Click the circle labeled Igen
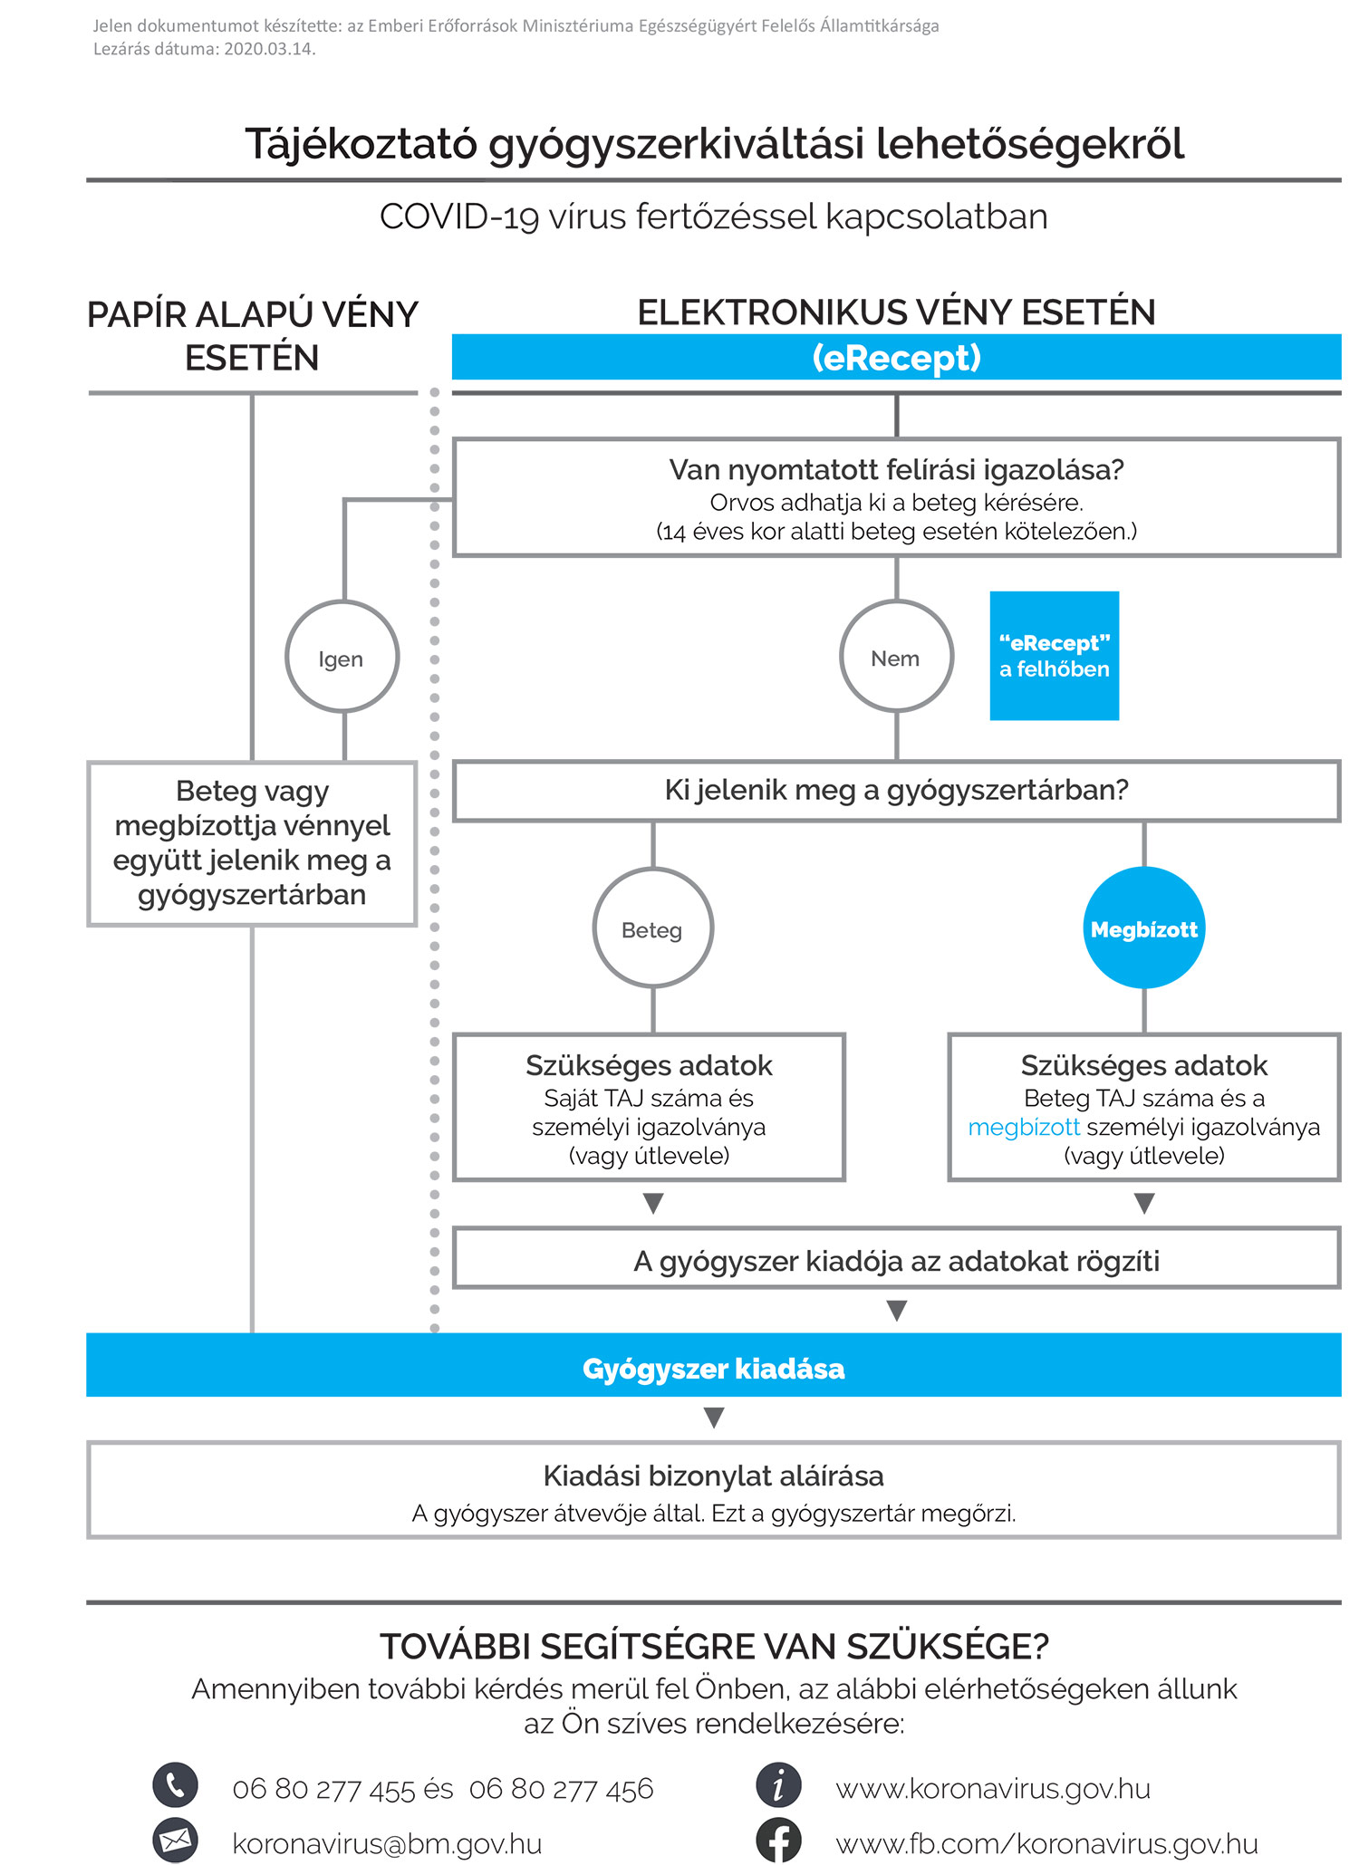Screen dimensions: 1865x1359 coord(342,657)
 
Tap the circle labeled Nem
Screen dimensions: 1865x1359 coord(896,657)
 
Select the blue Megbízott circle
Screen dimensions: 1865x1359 coord(1144,928)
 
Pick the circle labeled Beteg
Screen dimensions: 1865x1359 coord(652,928)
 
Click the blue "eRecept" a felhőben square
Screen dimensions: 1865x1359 coord(1054,656)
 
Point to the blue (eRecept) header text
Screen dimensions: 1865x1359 coord(896,358)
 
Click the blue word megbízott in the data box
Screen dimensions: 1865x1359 coord(1024,1128)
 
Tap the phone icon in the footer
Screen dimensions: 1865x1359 coord(175,1785)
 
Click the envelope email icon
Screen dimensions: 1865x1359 coord(175,1840)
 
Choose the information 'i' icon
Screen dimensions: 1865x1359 coord(778,1785)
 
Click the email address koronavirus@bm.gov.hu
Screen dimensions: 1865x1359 coord(387,1844)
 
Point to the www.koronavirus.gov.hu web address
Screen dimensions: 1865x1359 coord(993,1789)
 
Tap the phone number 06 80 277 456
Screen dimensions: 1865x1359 coord(561,1789)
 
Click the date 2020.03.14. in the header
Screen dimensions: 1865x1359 coord(269,49)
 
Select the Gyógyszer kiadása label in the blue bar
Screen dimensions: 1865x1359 coord(713,1369)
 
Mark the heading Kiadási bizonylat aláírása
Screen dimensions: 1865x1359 coord(713,1476)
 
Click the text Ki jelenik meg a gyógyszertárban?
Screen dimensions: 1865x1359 coord(896,790)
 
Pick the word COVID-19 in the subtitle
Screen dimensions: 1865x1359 coord(459,217)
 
